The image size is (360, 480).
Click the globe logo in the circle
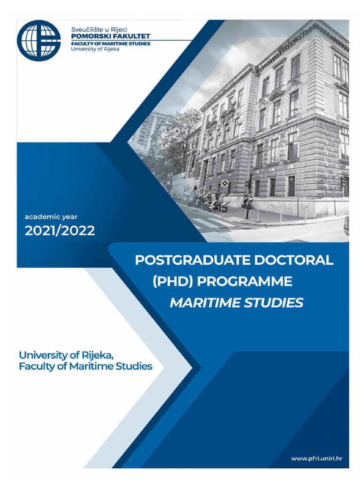coord(39,41)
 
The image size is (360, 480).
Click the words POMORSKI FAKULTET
coord(110,36)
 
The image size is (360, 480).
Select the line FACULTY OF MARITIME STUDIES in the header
coord(110,44)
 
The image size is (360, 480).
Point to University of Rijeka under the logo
coord(95,49)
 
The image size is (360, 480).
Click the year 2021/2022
coord(60,230)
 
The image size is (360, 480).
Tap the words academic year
coord(51,217)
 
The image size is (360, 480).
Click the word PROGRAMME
coord(244,282)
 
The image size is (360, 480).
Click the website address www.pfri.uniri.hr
coord(316,458)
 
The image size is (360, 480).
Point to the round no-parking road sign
coord(225,183)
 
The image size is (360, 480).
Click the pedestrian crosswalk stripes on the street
coord(211,223)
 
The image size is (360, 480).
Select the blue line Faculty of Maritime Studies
coord(86,366)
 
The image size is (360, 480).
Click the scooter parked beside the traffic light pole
coord(247,202)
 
